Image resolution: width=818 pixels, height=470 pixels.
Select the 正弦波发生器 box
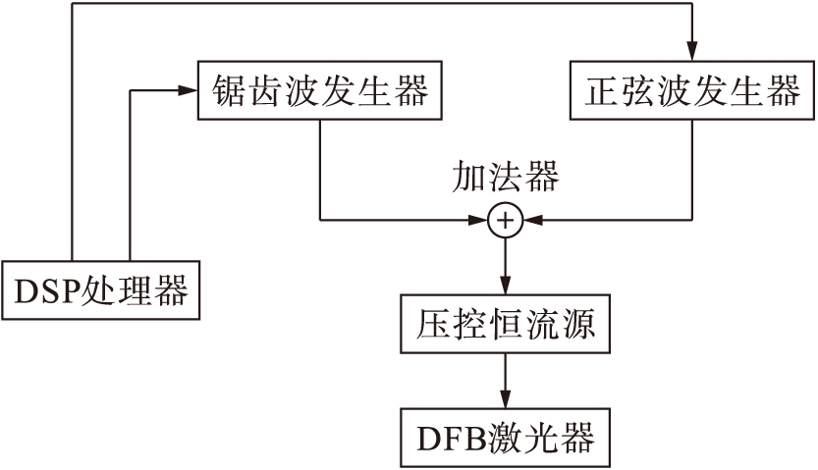coord(692,92)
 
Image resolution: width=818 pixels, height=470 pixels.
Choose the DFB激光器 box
coord(506,438)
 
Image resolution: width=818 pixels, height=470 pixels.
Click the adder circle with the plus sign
coord(505,221)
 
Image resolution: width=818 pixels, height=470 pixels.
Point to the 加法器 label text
coord(505,177)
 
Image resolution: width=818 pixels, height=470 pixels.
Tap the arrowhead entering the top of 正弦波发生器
coord(692,55)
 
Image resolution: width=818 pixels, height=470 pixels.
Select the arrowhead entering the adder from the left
coord(481,221)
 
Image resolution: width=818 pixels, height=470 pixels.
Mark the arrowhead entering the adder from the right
coord(528,221)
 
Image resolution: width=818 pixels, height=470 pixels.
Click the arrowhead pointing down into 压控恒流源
coord(505,287)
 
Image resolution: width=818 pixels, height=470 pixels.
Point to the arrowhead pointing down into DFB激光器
coord(505,399)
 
